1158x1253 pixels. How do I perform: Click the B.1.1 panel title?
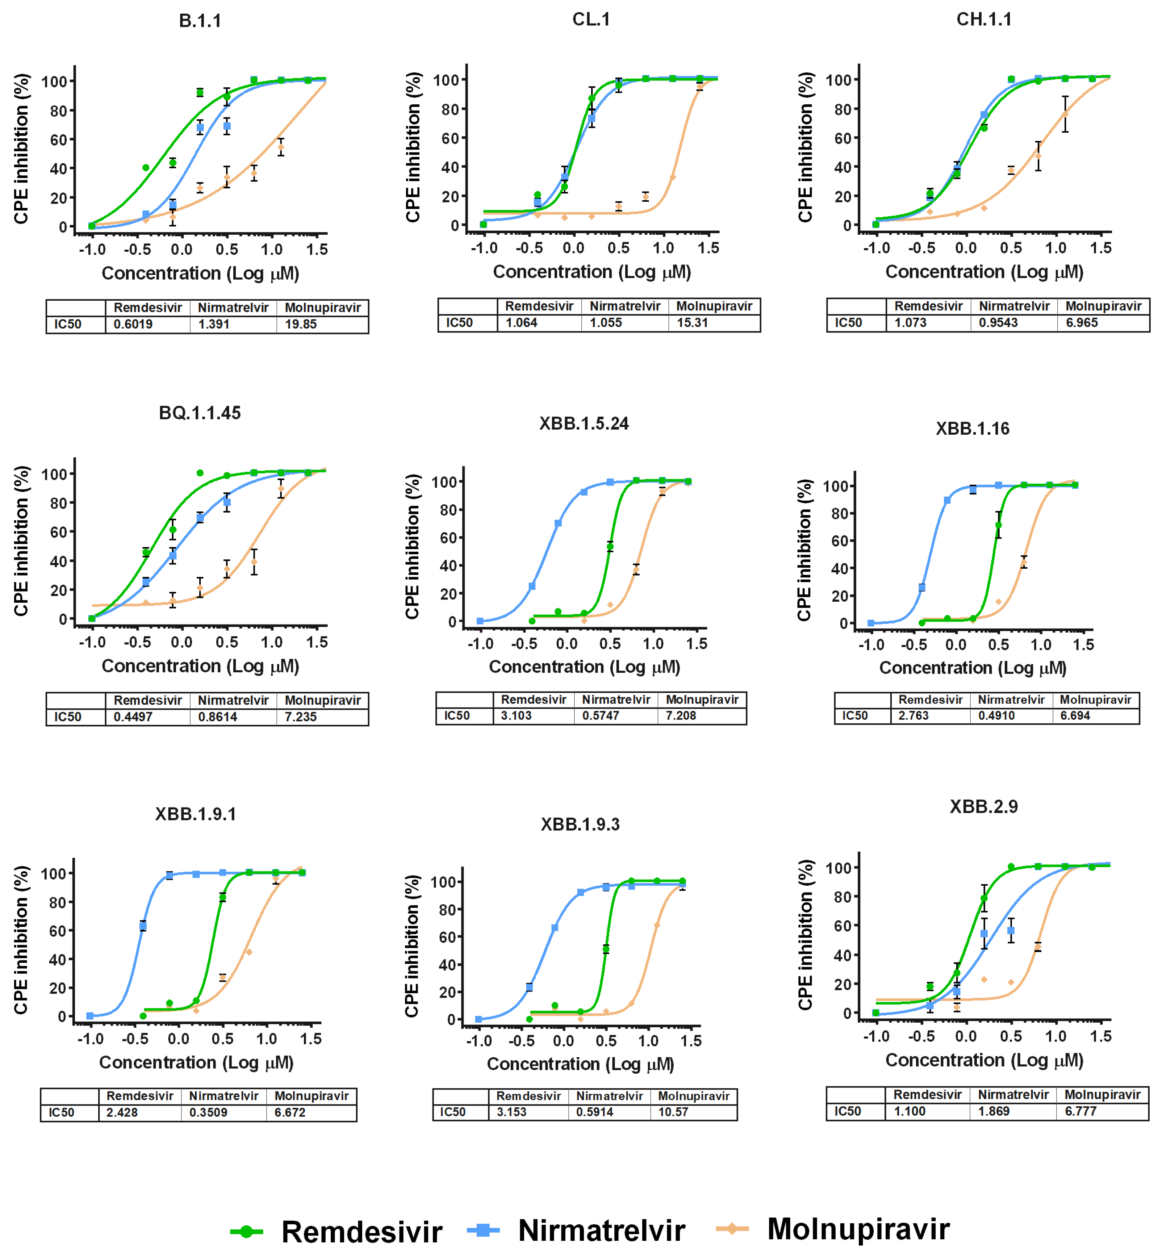click(200, 21)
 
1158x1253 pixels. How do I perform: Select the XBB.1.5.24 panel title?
click(584, 424)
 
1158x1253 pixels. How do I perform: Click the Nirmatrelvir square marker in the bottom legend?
click(483, 1231)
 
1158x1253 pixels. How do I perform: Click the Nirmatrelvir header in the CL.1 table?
click(625, 306)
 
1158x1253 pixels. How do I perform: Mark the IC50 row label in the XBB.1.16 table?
click(855, 716)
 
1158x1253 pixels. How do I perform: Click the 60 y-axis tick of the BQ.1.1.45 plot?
click(58, 532)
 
